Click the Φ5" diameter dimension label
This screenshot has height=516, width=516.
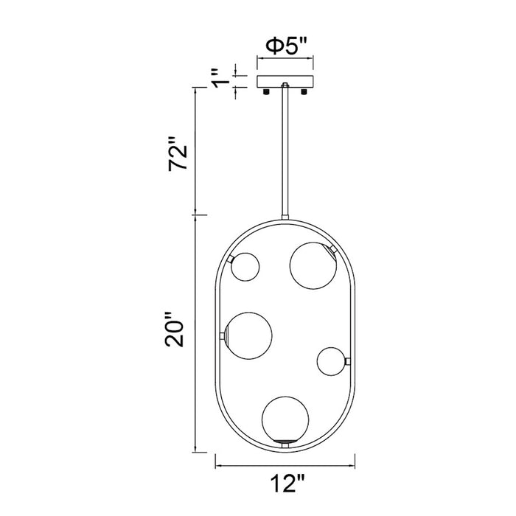[x=286, y=46]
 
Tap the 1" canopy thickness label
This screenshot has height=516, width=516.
[x=220, y=79]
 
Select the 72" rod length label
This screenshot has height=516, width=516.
[x=178, y=153]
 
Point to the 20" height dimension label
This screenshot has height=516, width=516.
[x=174, y=329]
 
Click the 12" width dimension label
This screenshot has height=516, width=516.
[x=286, y=483]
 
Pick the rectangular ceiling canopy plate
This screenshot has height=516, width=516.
[x=285, y=82]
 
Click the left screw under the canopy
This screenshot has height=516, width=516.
[x=266, y=91]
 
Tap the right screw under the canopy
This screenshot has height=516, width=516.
[x=304, y=91]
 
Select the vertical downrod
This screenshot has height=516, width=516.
[x=285, y=151]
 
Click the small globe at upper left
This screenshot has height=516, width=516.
[x=245, y=267]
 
